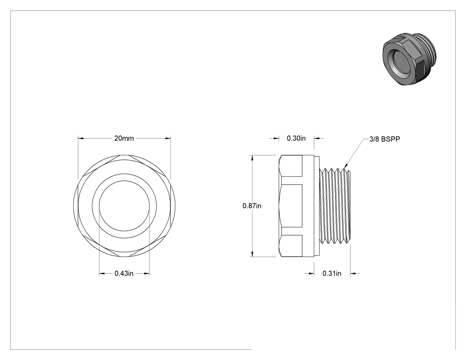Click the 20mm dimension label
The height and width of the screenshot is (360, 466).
[x=124, y=138]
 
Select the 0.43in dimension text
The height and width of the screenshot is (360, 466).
[x=124, y=273]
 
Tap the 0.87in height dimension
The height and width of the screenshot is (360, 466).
[x=252, y=206]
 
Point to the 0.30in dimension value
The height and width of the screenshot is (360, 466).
[x=296, y=138]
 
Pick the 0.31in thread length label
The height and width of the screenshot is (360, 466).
[x=332, y=273]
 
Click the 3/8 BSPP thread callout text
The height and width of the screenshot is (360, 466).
[x=385, y=139]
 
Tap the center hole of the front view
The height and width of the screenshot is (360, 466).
[x=124, y=206]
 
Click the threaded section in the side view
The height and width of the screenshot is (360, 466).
[x=335, y=206]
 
